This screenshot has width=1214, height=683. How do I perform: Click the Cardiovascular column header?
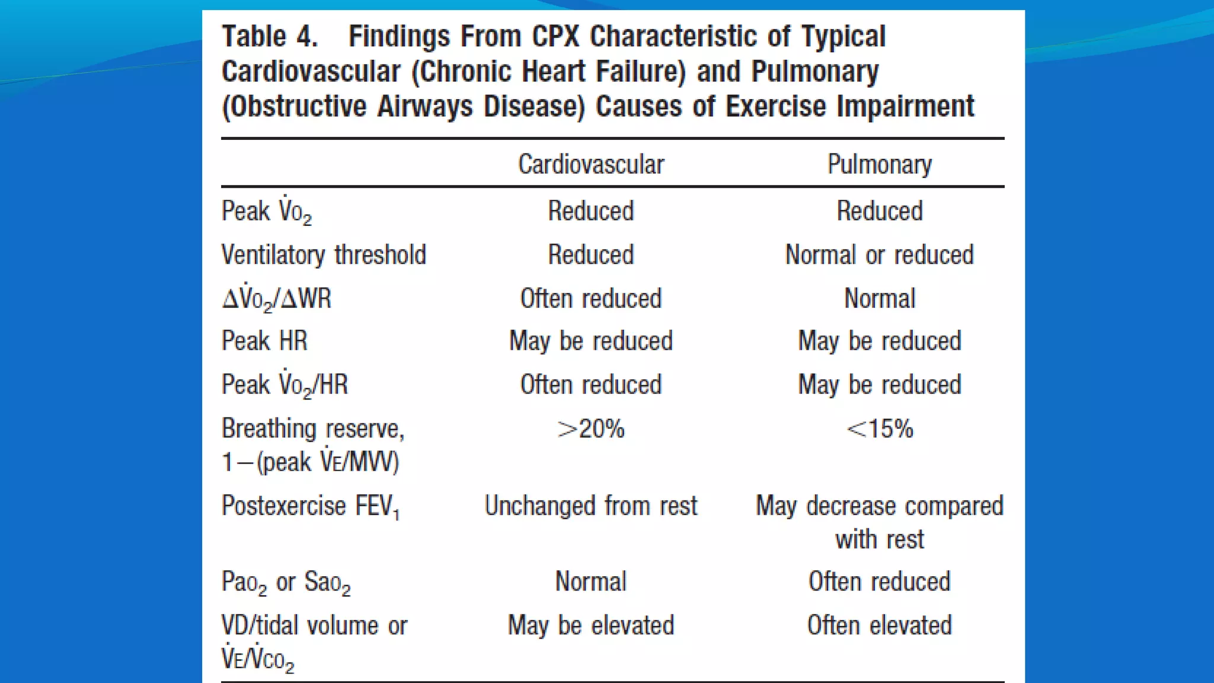pyautogui.click(x=591, y=164)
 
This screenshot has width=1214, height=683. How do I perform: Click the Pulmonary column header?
pyautogui.click(x=879, y=164)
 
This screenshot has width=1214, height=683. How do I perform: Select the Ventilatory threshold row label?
pyautogui.click(x=324, y=255)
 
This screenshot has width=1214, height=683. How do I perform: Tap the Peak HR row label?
pyautogui.click(x=264, y=341)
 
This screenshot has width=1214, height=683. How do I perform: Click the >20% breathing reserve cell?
pyautogui.click(x=591, y=429)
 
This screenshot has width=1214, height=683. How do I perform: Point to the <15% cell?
pyautogui.click(x=879, y=429)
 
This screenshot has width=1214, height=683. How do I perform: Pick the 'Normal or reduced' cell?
pyautogui.click(x=879, y=255)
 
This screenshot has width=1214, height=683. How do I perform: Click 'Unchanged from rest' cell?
pyautogui.click(x=591, y=506)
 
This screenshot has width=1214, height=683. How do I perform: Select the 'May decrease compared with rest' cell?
pyautogui.click(x=879, y=522)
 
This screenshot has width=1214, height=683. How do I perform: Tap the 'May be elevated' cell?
pyautogui.click(x=591, y=625)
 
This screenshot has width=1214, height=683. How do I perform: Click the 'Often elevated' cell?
pyautogui.click(x=879, y=625)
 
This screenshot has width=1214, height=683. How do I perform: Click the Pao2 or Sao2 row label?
pyautogui.click(x=286, y=582)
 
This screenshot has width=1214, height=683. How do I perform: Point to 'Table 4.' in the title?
pyautogui.click(x=270, y=37)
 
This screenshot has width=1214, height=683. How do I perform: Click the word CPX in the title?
pyautogui.click(x=555, y=37)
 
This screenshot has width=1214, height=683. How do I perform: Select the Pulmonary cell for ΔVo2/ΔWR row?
pyautogui.click(x=879, y=298)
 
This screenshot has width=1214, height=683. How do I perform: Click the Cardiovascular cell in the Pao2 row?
pyautogui.click(x=591, y=582)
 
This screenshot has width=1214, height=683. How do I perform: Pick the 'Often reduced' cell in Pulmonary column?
pyautogui.click(x=879, y=582)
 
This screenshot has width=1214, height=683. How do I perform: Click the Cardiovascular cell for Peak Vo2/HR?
pyautogui.click(x=591, y=385)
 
